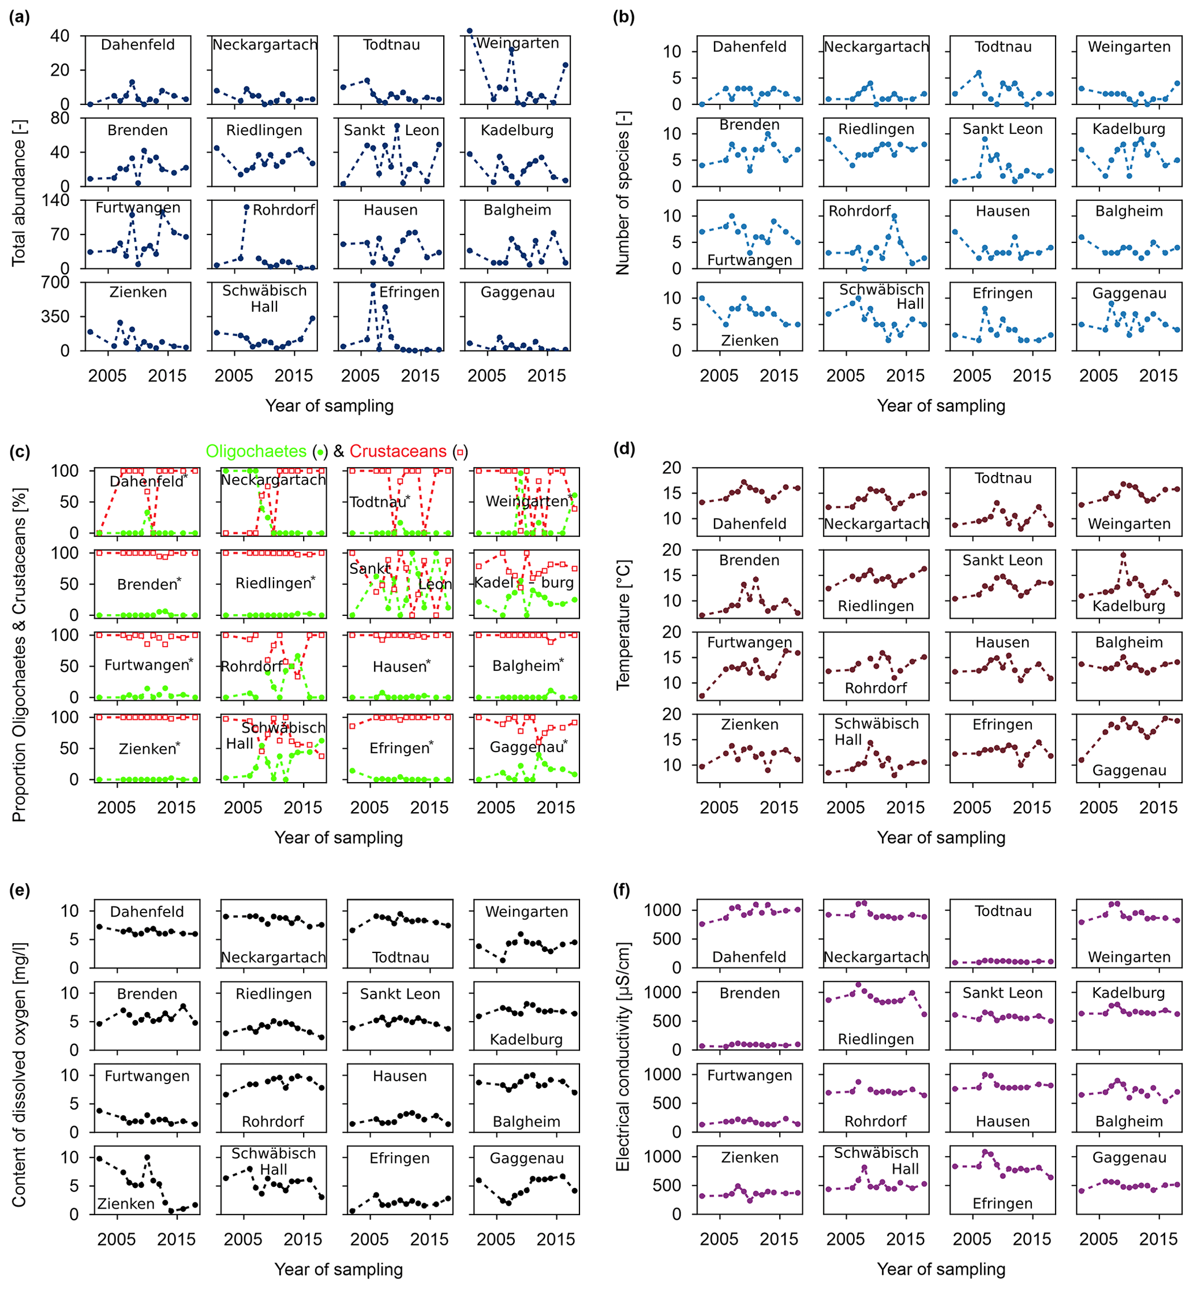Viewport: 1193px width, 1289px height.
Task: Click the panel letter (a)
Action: pos(20,17)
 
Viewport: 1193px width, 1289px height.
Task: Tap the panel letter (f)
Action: pos(623,891)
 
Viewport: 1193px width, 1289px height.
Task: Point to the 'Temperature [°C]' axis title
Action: pos(623,625)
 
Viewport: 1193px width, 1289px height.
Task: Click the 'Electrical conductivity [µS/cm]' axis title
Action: pos(623,1056)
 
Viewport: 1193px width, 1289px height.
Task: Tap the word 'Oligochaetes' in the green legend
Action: pos(256,451)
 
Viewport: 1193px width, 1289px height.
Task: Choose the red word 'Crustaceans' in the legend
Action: pos(398,451)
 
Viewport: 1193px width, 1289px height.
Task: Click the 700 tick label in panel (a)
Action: pos(55,283)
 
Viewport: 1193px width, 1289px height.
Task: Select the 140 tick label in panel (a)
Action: pos(55,201)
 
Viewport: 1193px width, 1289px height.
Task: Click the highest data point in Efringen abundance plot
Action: pos(373,285)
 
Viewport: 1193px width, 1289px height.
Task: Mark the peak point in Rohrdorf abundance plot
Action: pos(246,207)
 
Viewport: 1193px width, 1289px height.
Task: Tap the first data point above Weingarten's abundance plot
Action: pos(470,31)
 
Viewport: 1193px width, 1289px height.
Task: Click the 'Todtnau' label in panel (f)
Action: pos(1003,911)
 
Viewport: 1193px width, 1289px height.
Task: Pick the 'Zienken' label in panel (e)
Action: pos(126,1204)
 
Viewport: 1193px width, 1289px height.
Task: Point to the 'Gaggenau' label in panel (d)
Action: pos(1129,771)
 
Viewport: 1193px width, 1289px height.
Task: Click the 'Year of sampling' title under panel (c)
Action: pos(338,838)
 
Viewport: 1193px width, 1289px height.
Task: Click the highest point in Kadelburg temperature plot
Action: pos(1124,555)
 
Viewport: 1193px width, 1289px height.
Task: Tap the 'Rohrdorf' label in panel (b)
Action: pos(859,211)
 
